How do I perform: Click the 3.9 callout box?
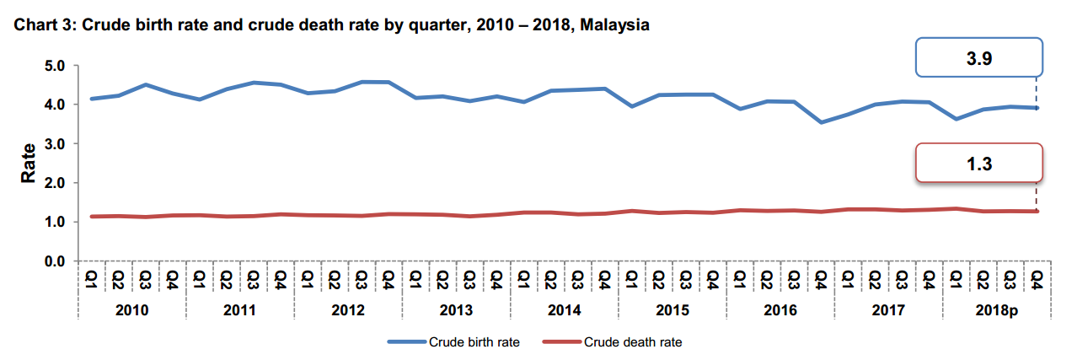pyautogui.click(x=979, y=60)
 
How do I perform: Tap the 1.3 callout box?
pyautogui.click(x=979, y=164)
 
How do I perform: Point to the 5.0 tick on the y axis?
pyautogui.click(x=53, y=66)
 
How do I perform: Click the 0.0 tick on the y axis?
pyautogui.click(x=53, y=261)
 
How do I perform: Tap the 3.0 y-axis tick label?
pyautogui.click(x=53, y=144)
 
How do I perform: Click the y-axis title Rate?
pyautogui.click(x=28, y=164)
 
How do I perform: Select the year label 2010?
pyautogui.click(x=131, y=310)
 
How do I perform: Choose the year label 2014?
pyautogui.click(x=564, y=310)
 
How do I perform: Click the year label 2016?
pyautogui.click(x=780, y=310)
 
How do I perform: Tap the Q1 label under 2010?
pyautogui.click(x=91, y=278)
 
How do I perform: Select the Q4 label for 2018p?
pyautogui.click(x=1037, y=278)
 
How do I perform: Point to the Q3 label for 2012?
pyautogui.click(x=362, y=278)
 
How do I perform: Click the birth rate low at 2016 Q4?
pyautogui.click(x=821, y=122)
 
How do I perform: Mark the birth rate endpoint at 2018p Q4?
pyautogui.click(x=1037, y=108)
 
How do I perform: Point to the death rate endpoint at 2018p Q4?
pyautogui.click(x=1037, y=211)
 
